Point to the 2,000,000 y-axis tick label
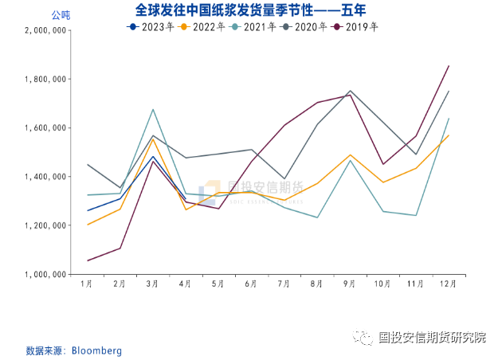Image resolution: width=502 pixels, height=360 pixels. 45,31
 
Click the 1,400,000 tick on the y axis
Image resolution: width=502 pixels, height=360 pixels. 45,177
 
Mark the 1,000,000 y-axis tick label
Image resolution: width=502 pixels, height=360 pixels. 45,274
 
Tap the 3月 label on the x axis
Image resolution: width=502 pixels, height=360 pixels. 152,284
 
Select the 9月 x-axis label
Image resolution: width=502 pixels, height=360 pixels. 349,284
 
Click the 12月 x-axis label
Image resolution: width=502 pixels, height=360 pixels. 448,284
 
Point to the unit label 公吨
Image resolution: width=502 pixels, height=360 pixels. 61,15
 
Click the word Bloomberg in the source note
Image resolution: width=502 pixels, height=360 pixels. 96,350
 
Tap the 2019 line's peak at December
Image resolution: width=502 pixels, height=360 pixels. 449,66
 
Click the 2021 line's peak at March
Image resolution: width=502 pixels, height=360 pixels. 152,109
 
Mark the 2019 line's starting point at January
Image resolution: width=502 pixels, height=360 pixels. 87,260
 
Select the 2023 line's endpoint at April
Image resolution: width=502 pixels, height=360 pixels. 186,198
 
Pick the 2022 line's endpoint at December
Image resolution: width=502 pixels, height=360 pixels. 449,135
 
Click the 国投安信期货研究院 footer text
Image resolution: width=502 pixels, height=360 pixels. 432,338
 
